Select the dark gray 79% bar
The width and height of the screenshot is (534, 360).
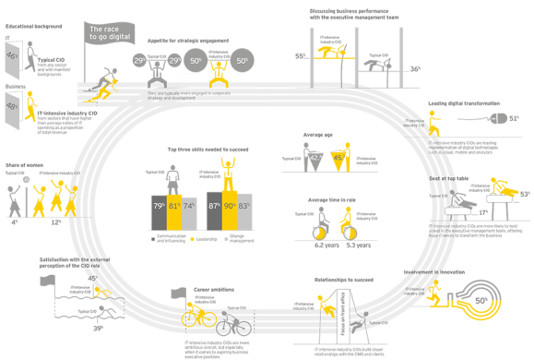(158, 210)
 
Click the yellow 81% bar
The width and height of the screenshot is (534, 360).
(175, 210)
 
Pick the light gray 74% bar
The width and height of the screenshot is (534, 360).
(190, 212)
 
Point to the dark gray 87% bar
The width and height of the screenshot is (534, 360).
(214, 210)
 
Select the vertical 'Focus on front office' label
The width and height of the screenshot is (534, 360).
(340, 322)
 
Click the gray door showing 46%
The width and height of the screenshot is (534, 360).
(13, 57)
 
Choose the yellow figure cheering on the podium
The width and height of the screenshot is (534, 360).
(228, 174)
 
